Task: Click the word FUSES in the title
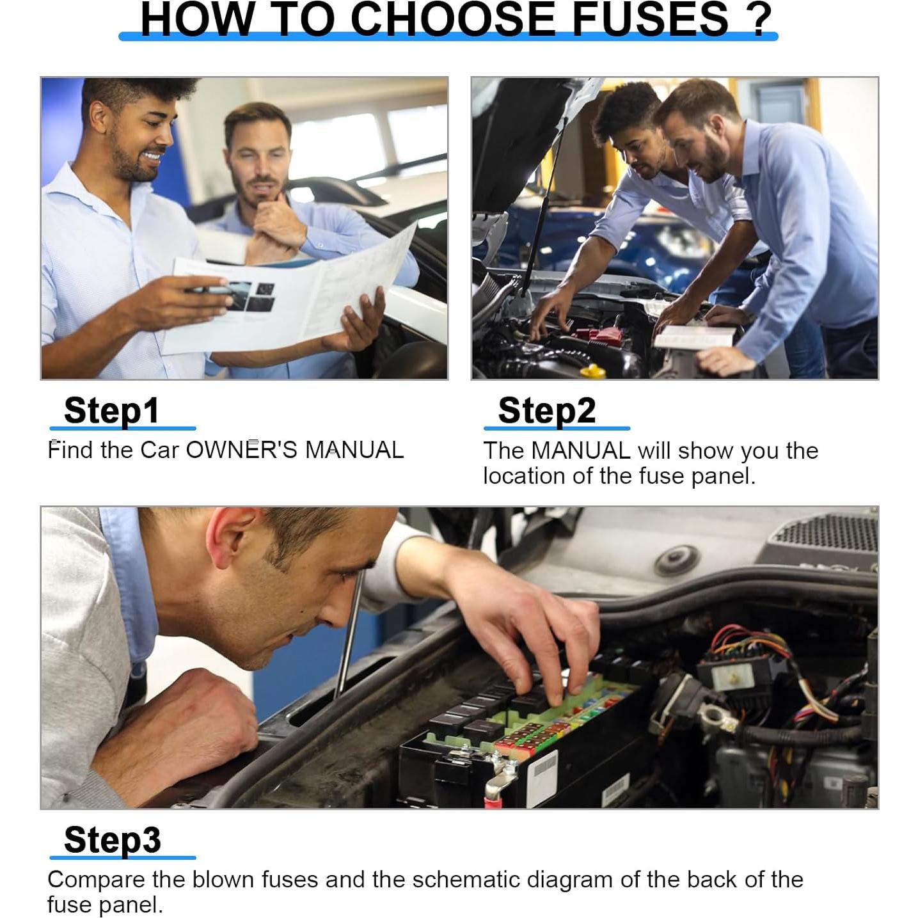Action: pos(650,19)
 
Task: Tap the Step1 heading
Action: pos(111,411)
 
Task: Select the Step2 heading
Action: pos(546,411)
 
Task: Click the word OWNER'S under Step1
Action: pos(242,450)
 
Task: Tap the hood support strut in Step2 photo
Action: pos(544,210)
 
